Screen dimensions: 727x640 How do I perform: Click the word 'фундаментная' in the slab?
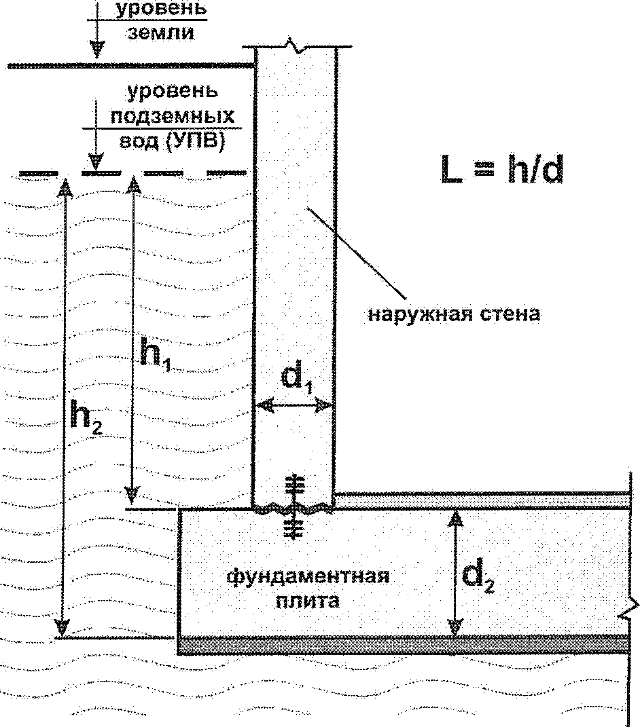308,576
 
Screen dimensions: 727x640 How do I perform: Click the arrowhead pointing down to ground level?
97,50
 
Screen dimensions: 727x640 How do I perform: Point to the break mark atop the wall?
296,48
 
